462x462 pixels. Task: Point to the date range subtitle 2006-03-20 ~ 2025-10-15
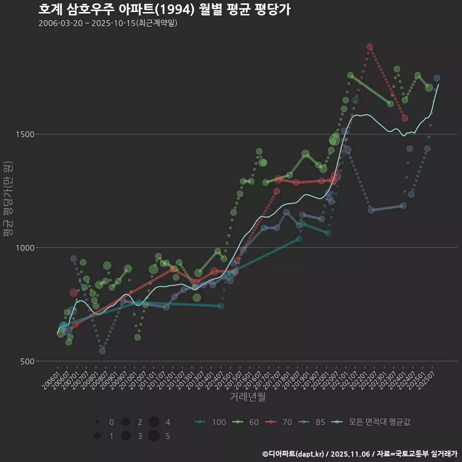click(108, 23)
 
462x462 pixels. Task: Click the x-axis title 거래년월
click(248, 397)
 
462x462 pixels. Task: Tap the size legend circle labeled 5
click(154, 436)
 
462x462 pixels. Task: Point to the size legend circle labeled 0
click(98, 422)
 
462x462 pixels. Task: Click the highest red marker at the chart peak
click(370, 47)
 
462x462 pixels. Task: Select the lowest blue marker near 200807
click(102, 351)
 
